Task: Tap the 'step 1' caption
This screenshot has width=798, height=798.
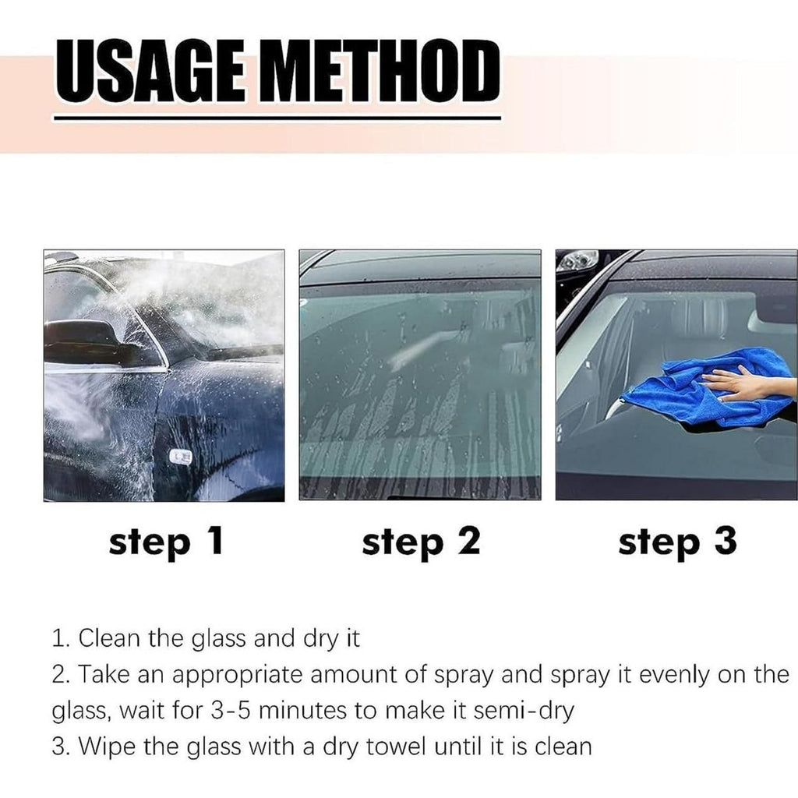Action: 166,542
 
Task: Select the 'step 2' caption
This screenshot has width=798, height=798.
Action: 421,542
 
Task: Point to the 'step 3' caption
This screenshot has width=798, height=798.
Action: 676,542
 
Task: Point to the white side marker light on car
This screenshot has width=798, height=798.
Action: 181,457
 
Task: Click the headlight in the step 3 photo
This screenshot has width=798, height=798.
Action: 577,260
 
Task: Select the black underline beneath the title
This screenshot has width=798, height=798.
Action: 277,118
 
